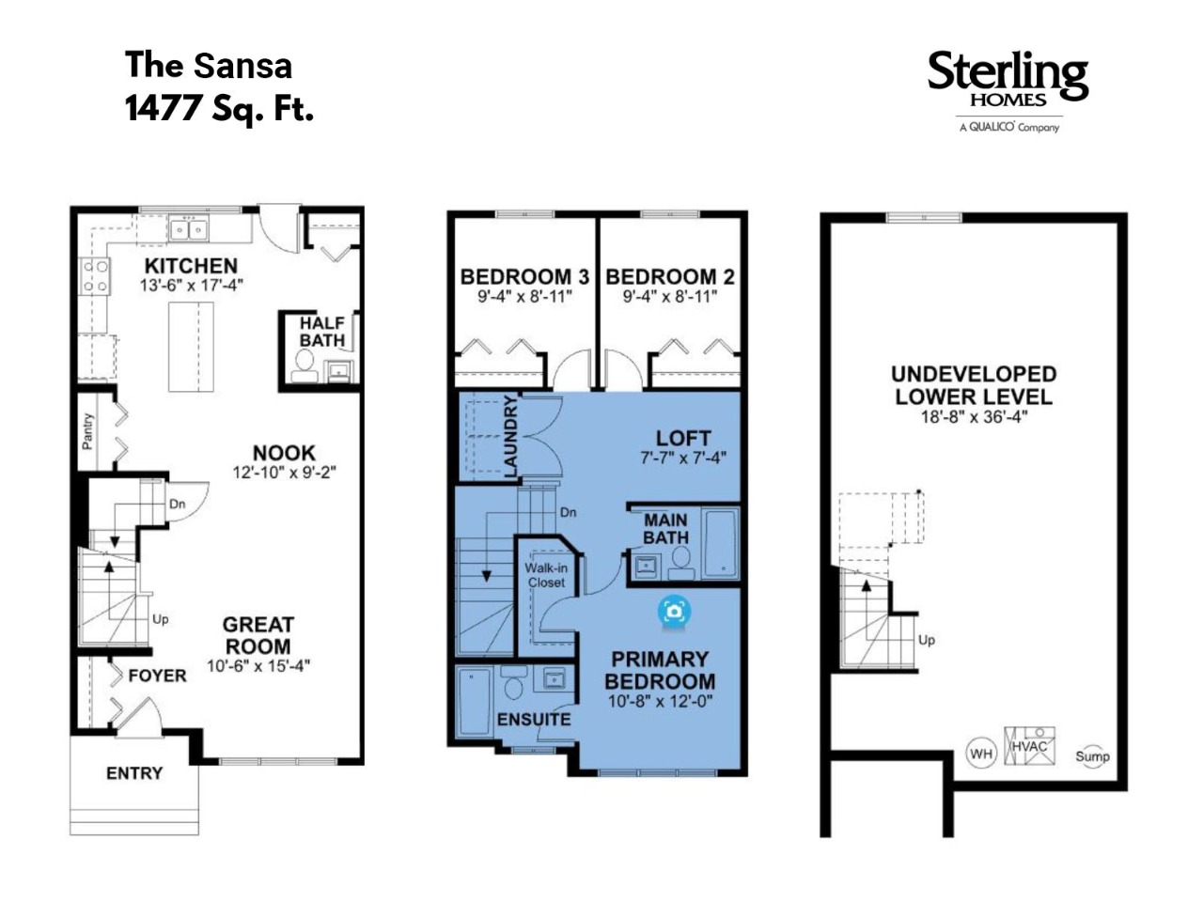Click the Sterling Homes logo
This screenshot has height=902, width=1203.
pyautogui.click(x=1008, y=91)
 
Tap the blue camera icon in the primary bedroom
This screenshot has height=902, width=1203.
pyautogui.click(x=674, y=610)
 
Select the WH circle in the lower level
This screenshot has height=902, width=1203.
pyautogui.click(x=980, y=754)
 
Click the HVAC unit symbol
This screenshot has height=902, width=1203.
pyautogui.click(x=1029, y=745)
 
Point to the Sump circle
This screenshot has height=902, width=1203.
pyautogui.click(x=1092, y=756)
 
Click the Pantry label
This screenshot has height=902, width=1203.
pyautogui.click(x=87, y=431)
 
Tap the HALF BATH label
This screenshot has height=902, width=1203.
pyautogui.click(x=321, y=332)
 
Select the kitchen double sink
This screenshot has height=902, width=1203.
pyautogui.click(x=189, y=229)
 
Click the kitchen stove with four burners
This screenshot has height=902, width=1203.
pyautogui.click(x=95, y=276)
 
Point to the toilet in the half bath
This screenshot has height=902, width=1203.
pyautogui.click(x=305, y=365)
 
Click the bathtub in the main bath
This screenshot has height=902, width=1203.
pyautogui.click(x=720, y=543)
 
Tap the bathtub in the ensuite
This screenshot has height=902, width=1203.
pyautogui.click(x=474, y=702)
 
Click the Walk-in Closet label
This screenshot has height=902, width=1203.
pyautogui.click(x=546, y=575)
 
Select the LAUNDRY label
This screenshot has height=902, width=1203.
pyautogui.click(x=510, y=436)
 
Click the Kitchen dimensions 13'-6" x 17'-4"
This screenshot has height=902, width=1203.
pyautogui.click(x=191, y=286)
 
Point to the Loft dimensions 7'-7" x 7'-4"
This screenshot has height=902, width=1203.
pyautogui.click(x=683, y=458)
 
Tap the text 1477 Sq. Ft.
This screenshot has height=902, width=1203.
pyautogui.click(x=219, y=108)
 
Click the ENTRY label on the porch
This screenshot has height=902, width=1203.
pyautogui.click(x=134, y=773)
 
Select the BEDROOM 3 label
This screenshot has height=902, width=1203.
pyautogui.click(x=524, y=276)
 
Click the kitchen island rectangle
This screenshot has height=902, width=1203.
pyautogui.click(x=191, y=346)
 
